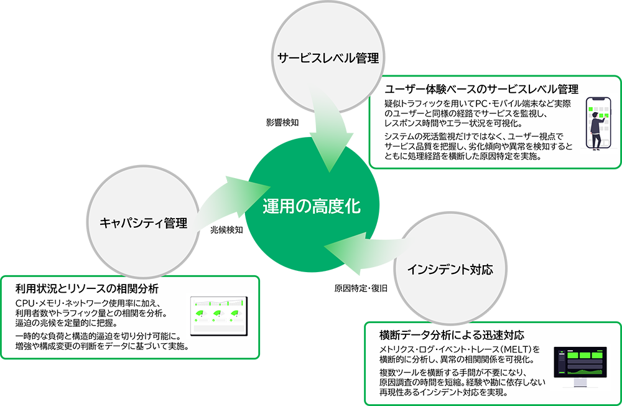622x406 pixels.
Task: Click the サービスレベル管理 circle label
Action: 328,59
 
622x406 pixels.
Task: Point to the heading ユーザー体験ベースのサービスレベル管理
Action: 482,89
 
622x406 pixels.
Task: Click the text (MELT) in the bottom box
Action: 515,349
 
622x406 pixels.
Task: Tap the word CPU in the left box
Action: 26,303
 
